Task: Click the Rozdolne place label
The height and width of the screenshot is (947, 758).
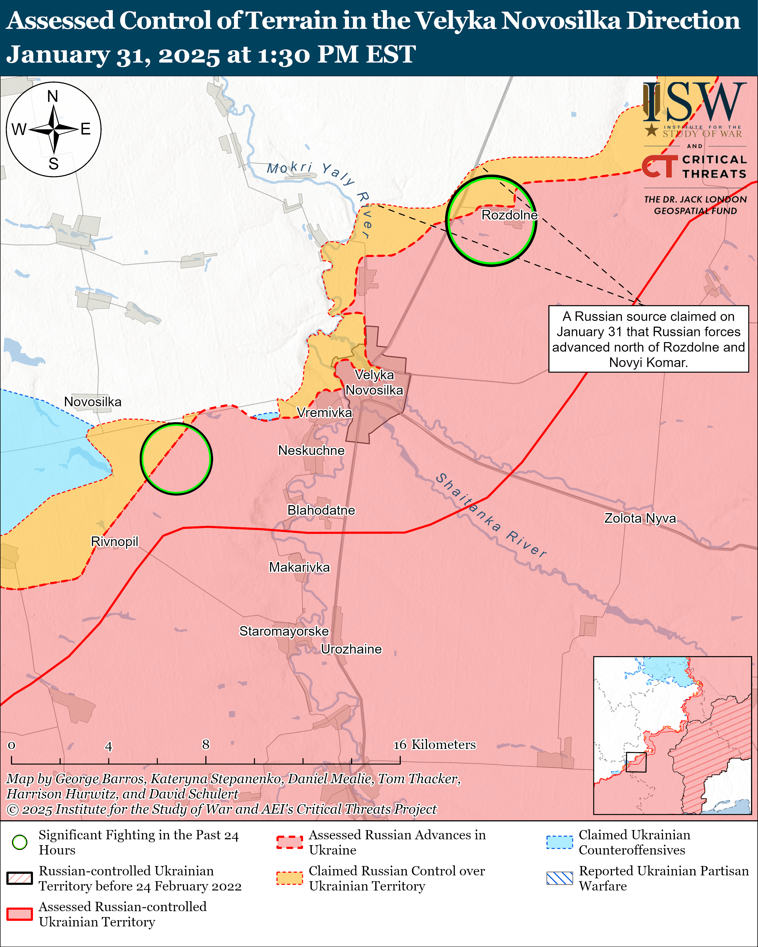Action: [x=509, y=215]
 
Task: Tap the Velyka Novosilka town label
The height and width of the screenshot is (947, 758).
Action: [x=374, y=382]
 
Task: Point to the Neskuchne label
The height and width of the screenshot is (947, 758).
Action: [x=311, y=450]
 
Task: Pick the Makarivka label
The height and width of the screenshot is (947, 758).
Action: [x=299, y=567]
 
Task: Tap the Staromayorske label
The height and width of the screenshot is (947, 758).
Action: [x=284, y=631]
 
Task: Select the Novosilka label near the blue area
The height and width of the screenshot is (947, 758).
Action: [x=93, y=401]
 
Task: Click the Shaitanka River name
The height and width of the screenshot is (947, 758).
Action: [x=491, y=515]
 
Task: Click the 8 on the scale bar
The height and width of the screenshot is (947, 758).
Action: [x=206, y=744]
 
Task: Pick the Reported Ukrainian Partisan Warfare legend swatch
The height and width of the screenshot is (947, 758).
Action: [x=559, y=878]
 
